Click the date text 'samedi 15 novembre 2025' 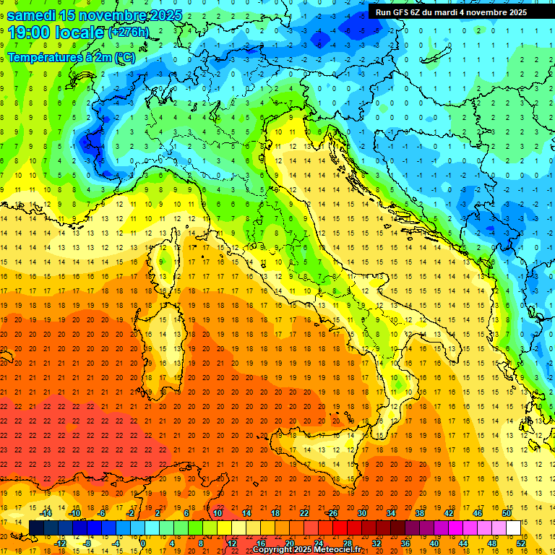94,15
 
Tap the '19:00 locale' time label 56,33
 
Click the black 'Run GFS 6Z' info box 460,12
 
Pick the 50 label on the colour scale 507,513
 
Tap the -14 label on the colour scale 45,513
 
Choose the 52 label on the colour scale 521,543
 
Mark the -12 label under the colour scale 60,543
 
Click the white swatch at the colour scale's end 514,528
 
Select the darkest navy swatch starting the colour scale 37,528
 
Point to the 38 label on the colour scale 420,513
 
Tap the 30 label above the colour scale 362,513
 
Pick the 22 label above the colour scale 304,513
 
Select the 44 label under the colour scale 463,543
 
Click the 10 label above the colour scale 218,513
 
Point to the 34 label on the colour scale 391,513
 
